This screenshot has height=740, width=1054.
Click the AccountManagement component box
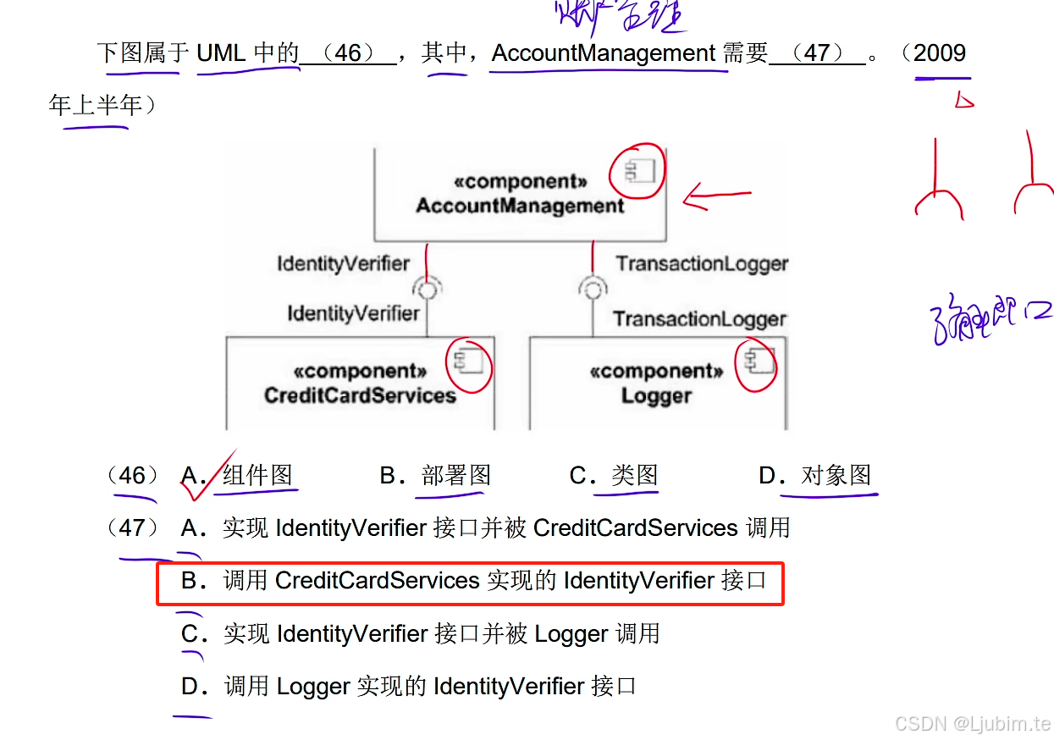coord(519,196)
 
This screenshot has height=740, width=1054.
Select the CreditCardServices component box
coord(360,384)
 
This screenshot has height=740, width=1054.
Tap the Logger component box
coord(657,384)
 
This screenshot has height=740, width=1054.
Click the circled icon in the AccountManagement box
coord(637,172)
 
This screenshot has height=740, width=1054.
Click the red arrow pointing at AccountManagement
coord(716,197)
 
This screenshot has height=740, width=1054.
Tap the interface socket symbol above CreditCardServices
coord(428,290)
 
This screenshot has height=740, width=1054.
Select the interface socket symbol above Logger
coord(593,290)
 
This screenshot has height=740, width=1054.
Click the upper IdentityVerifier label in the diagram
coord(343,264)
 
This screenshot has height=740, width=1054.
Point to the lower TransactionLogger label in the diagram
coord(699,319)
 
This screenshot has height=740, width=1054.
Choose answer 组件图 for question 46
coord(257,476)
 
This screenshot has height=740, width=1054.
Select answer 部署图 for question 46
coord(455,476)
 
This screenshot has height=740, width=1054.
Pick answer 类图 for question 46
coord(635,476)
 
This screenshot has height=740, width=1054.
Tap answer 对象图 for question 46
coord(836,476)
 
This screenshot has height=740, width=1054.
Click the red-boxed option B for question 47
coord(470,582)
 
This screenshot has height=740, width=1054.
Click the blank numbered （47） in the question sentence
coord(817,53)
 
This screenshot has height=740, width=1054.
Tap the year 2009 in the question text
coord(940,53)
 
